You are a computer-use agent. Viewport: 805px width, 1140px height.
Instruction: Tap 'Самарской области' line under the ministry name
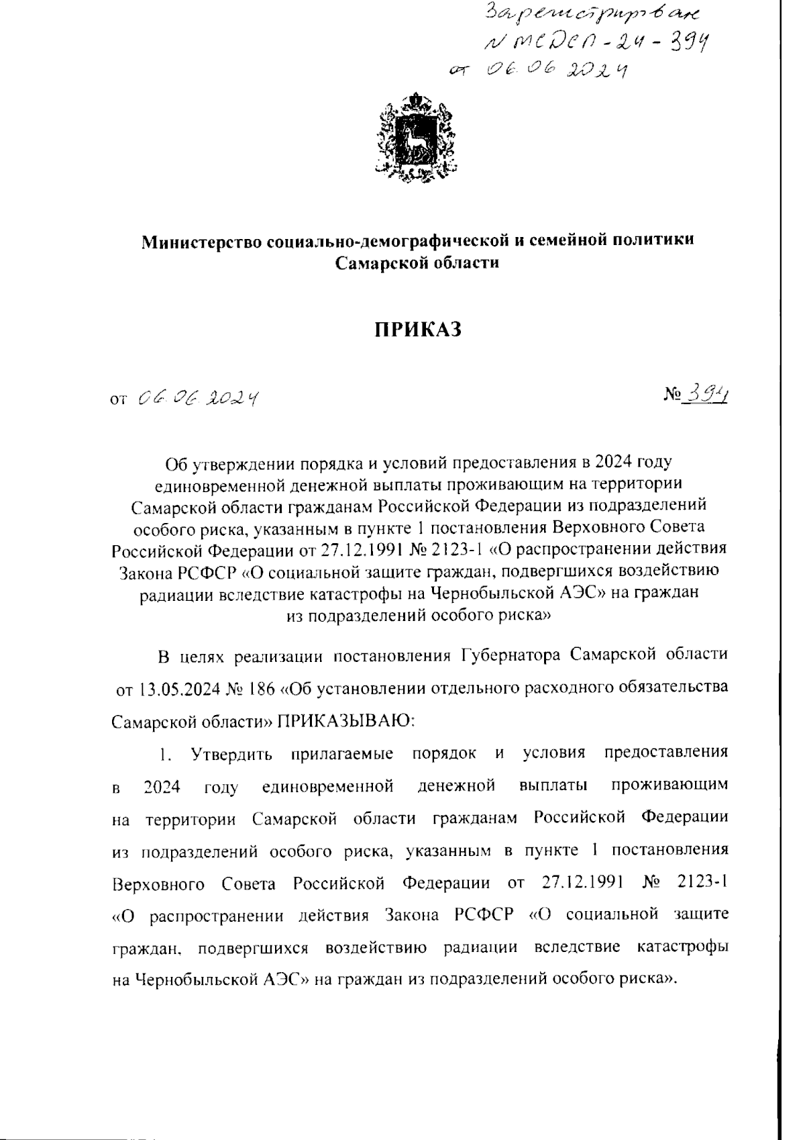417,263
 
